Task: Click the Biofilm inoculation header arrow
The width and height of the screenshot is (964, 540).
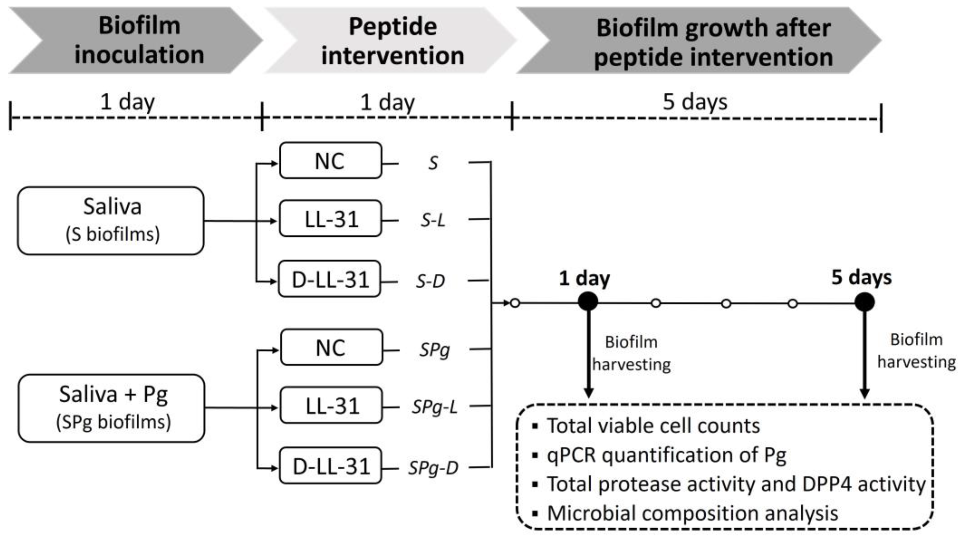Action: pyautogui.click(x=139, y=40)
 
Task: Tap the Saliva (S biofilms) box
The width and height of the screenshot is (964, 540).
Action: pyautogui.click(x=111, y=221)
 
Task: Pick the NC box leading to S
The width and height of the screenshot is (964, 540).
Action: pyautogui.click(x=330, y=161)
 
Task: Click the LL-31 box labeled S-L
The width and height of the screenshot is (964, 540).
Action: pyautogui.click(x=330, y=219)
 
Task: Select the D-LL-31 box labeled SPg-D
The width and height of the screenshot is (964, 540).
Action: pyautogui.click(x=330, y=466)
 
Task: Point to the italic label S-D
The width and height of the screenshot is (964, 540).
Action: pyautogui.click(x=431, y=281)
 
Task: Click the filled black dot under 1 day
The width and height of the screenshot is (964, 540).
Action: pyautogui.click(x=588, y=302)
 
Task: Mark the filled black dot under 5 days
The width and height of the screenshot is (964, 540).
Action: pyautogui.click(x=864, y=302)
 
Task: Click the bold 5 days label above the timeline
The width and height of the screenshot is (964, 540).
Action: pyautogui.click(x=861, y=277)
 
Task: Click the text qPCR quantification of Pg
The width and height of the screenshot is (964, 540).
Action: pyautogui.click(x=666, y=455)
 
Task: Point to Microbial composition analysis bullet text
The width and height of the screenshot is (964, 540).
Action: pyautogui.click(x=692, y=513)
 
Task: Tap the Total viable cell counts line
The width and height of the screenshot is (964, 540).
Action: pyautogui.click(x=653, y=426)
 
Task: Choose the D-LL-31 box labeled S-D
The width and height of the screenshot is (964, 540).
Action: pyautogui.click(x=330, y=279)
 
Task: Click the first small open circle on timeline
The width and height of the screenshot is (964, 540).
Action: pyautogui.click(x=515, y=303)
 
